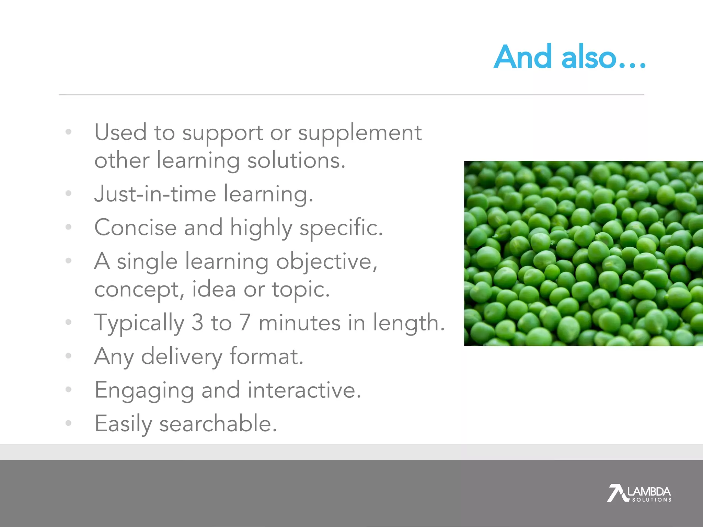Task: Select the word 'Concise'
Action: (135, 227)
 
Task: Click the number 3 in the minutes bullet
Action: (197, 323)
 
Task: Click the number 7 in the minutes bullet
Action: (245, 323)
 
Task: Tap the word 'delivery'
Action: (182, 357)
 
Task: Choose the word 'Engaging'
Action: (144, 391)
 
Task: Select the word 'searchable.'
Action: (218, 424)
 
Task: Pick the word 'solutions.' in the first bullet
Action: (296, 161)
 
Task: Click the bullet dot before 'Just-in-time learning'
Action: (69, 194)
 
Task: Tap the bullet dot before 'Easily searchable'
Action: (69, 423)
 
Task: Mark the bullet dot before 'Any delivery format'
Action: (69, 356)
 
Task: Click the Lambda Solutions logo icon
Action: (616, 493)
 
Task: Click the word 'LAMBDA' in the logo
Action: (649, 491)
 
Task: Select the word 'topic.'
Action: (301, 290)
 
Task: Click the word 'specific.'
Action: (341, 228)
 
